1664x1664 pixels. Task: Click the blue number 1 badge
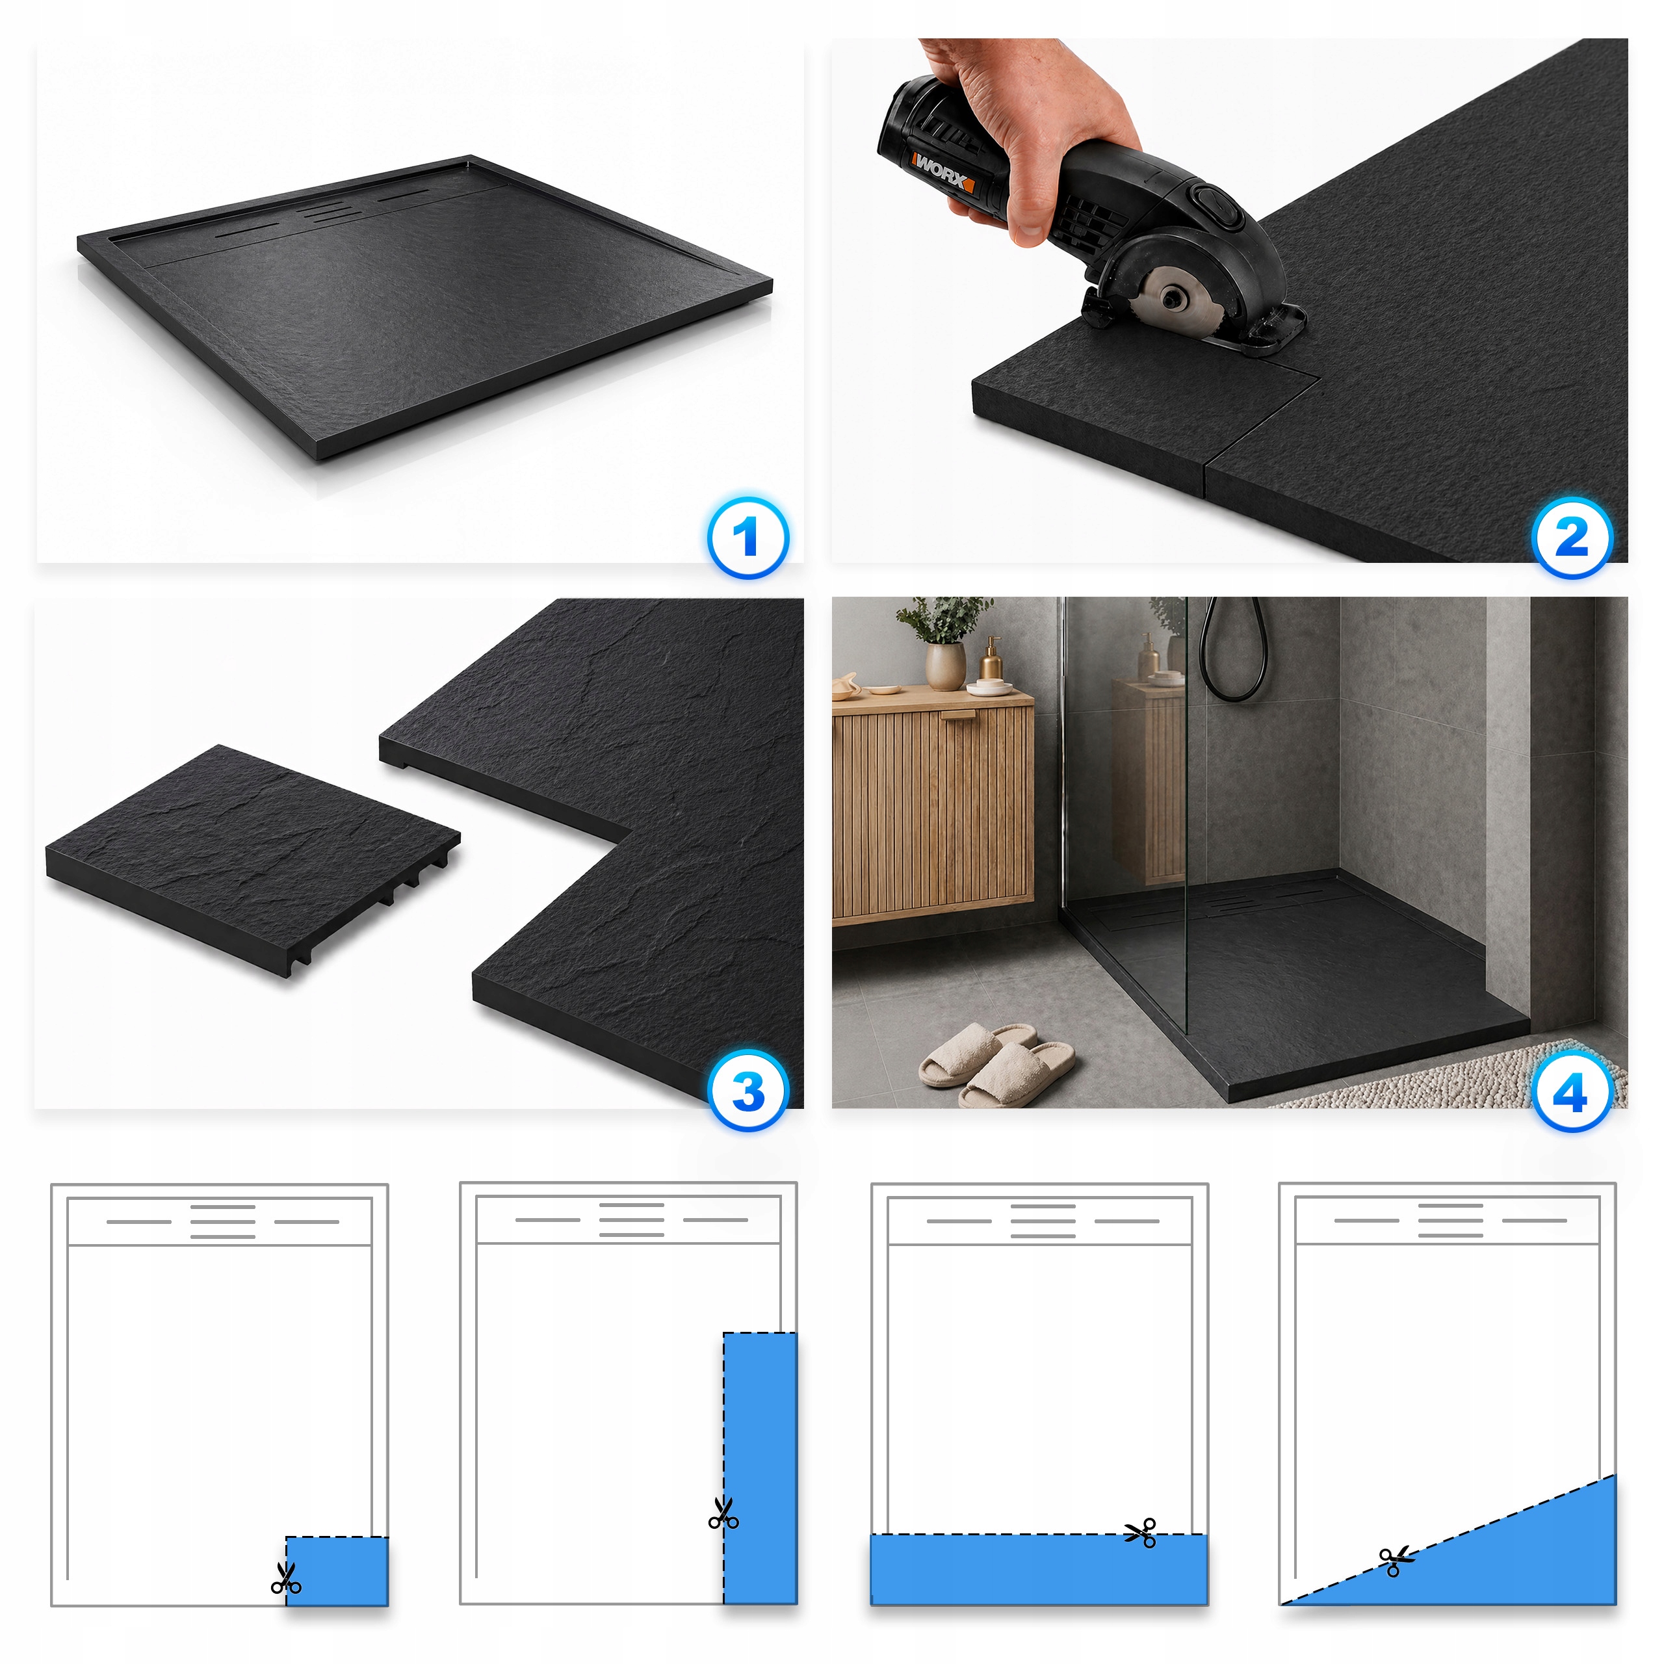[747, 538]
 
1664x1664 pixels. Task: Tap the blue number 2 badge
[1573, 538]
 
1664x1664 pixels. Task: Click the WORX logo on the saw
[943, 170]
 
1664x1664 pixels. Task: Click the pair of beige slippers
[996, 1065]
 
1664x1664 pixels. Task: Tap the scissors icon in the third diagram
[1141, 1533]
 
